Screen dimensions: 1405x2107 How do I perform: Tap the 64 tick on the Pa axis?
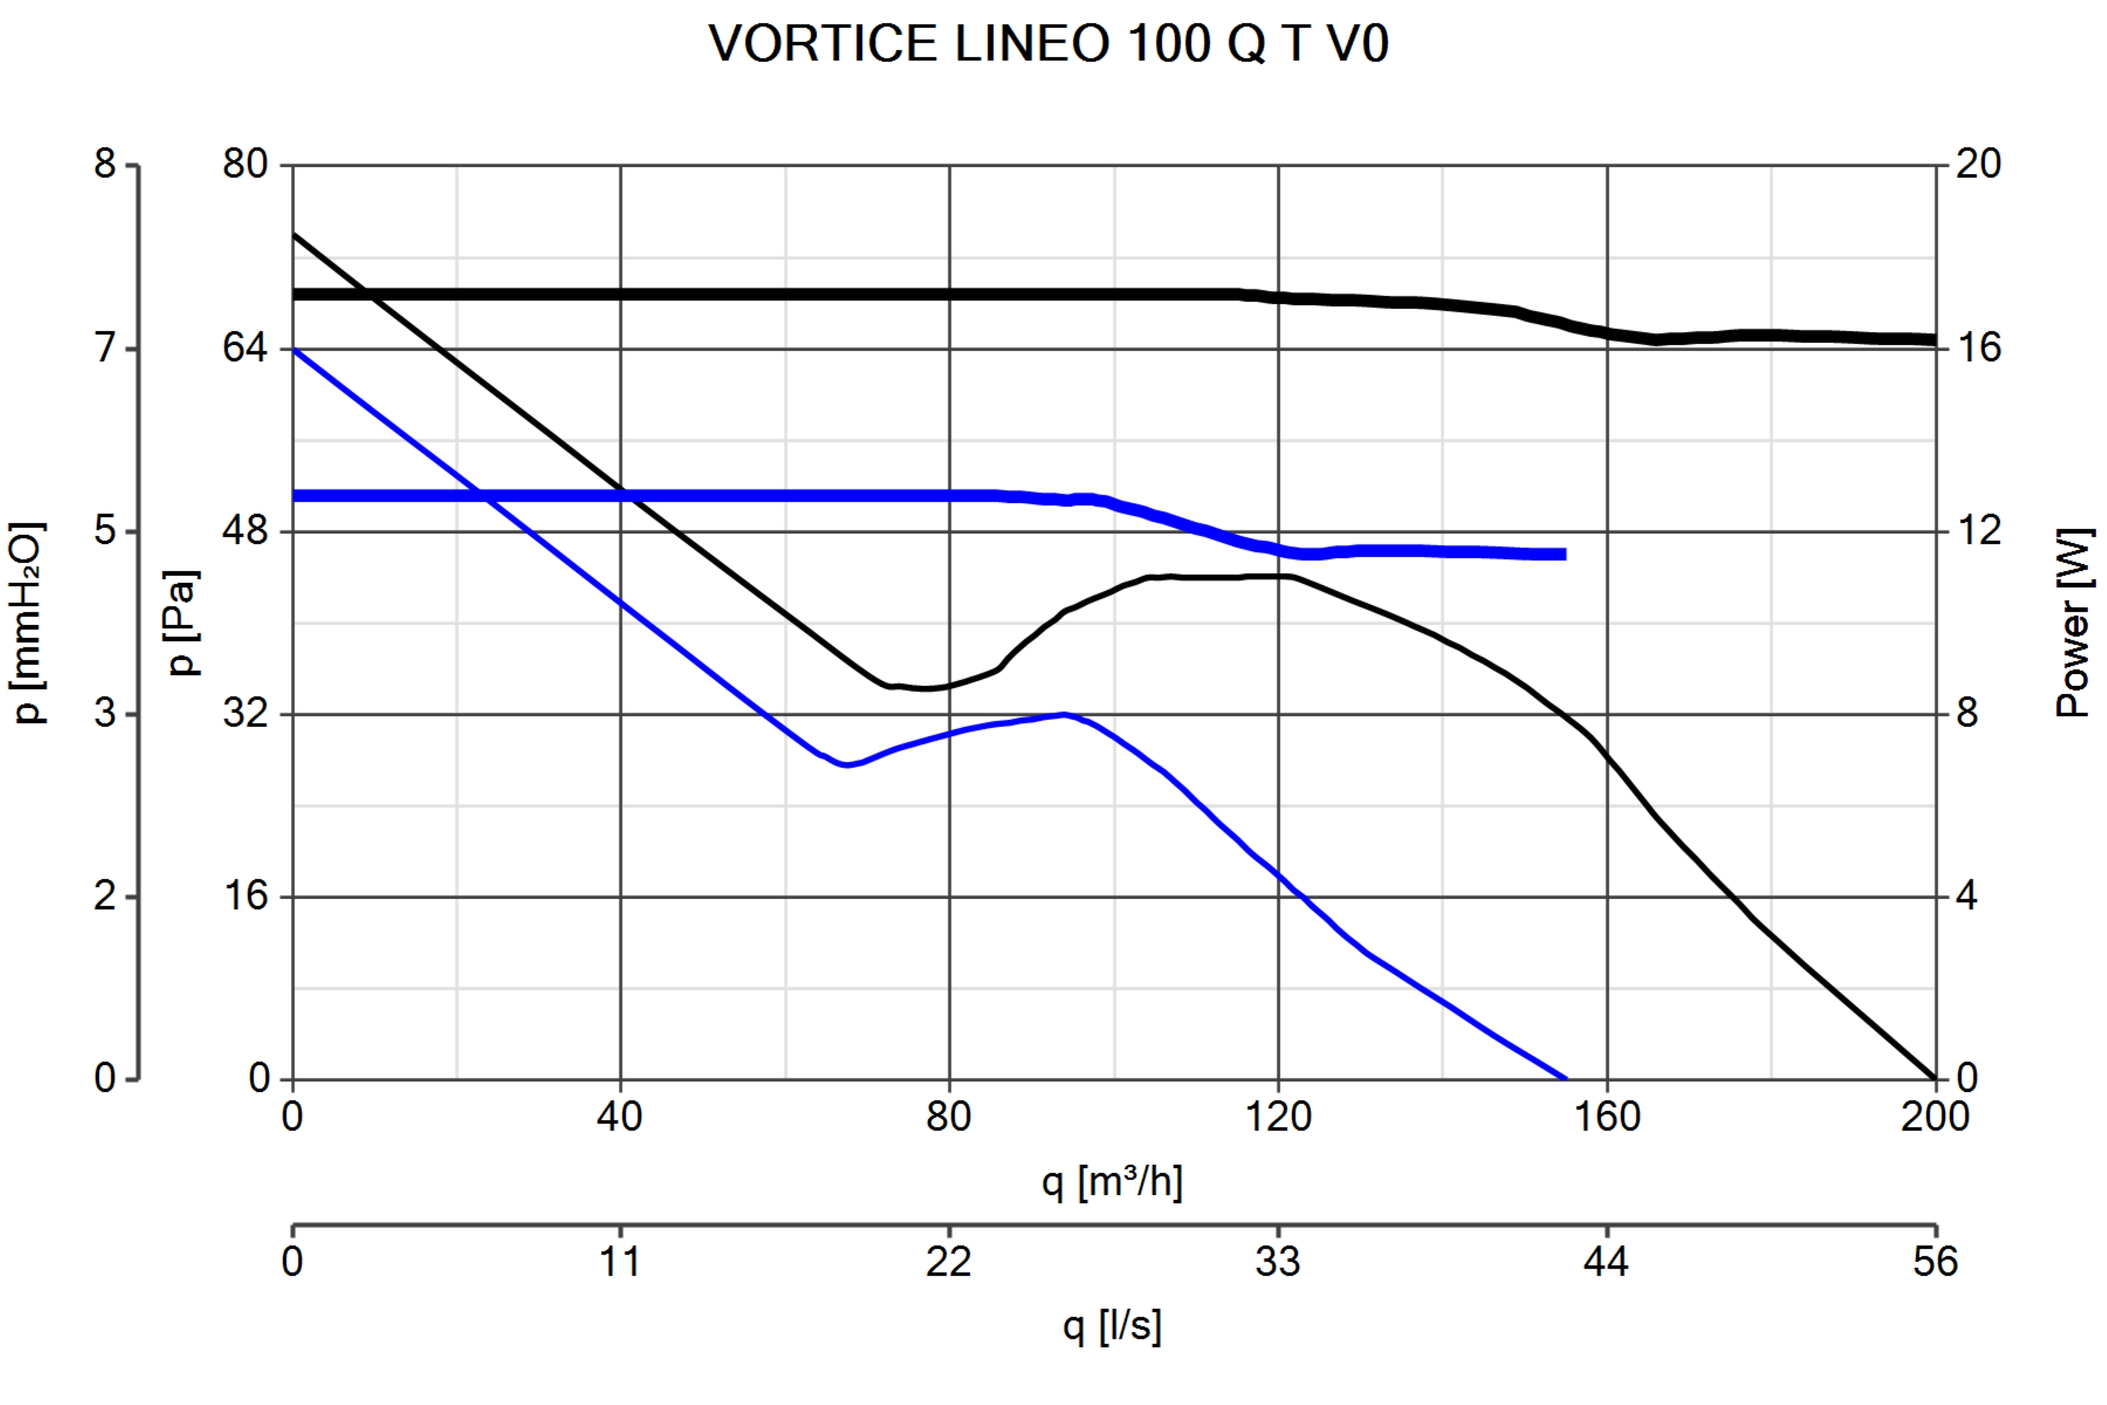coord(245,348)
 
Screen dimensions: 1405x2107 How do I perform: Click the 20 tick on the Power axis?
coord(1978,164)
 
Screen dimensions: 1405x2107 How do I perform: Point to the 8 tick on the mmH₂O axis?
coord(106,164)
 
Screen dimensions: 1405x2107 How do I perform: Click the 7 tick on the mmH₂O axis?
coord(106,348)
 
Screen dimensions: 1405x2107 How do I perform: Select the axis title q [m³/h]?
coord(1111,1182)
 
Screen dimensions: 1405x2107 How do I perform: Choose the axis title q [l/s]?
coord(1111,1325)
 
